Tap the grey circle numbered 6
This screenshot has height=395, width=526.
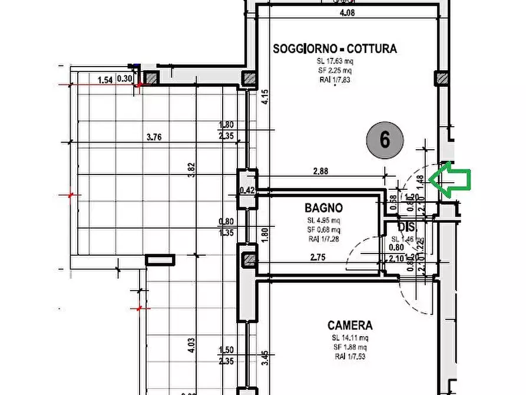385,140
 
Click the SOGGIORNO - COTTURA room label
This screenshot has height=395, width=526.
335,49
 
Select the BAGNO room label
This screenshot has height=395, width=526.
323,208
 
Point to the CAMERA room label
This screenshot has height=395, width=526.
350,325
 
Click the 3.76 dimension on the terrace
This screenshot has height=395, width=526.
154,137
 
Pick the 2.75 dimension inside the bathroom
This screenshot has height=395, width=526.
319,256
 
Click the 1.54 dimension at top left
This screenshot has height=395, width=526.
105,79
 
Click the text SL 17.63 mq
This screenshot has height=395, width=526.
335,61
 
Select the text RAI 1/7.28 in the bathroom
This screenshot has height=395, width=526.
323,239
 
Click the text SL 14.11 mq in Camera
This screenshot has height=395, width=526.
350,338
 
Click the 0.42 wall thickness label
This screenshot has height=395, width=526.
247,190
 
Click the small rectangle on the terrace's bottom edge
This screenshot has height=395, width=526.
160,259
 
